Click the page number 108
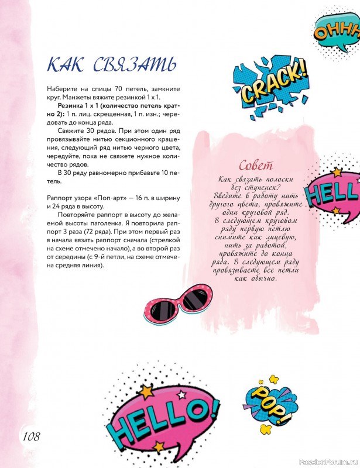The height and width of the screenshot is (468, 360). click(x=31, y=436)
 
